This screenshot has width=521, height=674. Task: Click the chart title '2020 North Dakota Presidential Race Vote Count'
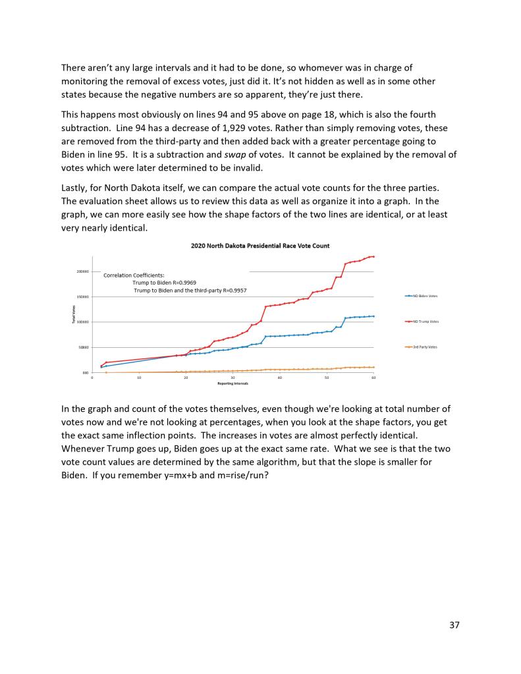click(x=260, y=246)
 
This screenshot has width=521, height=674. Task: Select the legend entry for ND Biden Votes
click(x=425, y=296)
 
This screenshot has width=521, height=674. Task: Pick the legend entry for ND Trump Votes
click(x=425, y=322)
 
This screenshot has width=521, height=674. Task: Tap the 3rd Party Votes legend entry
click(x=425, y=347)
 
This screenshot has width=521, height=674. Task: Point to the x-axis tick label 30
click(x=233, y=378)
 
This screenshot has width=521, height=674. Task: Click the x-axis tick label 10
click(x=139, y=378)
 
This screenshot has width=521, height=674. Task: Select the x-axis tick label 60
click(x=373, y=378)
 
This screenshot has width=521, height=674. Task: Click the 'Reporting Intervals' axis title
click(x=233, y=383)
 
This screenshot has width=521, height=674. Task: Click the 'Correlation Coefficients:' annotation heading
click(x=134, y=275)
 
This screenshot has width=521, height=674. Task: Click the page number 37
click(x=454, y=625)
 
